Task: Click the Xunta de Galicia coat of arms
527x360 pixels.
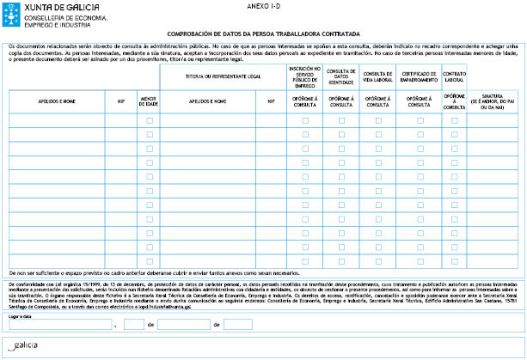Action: [12, 12]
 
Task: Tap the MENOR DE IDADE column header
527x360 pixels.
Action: [149, 101]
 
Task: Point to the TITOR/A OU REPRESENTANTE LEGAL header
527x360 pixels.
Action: [225, 76]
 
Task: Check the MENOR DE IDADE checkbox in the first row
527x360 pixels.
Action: [150, 121]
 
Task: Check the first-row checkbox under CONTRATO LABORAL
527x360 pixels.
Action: [455, 121]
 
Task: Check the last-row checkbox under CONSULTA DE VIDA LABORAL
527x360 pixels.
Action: [378, 261]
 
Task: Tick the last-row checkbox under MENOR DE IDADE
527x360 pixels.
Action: [150, 261]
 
